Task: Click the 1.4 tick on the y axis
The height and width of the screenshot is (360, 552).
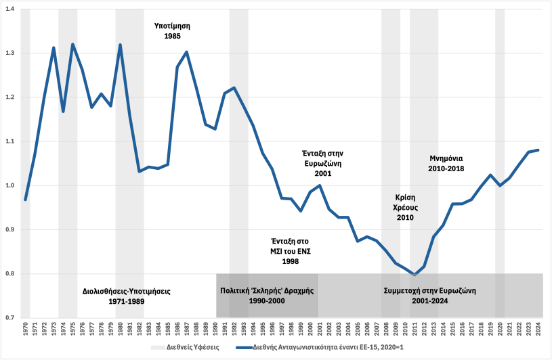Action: click(11, 9)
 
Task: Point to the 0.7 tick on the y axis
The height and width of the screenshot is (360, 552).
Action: click(11, 317)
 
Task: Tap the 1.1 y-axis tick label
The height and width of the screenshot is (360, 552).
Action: click(11, 141)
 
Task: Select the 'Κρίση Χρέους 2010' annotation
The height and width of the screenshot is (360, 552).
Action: click(404, 207)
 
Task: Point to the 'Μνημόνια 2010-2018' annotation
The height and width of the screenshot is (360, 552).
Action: click(446, 163)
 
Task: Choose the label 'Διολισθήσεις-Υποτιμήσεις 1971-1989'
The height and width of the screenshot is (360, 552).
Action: click(121, 296)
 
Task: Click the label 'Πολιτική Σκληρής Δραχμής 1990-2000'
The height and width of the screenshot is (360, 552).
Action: click(267, 296)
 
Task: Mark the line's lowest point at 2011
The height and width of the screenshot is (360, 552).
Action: click(415, 275)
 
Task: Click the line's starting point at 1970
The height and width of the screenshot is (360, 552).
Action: click(25, 200)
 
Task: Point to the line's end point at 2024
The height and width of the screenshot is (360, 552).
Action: click(538, 150)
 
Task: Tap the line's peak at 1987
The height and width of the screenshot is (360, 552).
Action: click(187, 52)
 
